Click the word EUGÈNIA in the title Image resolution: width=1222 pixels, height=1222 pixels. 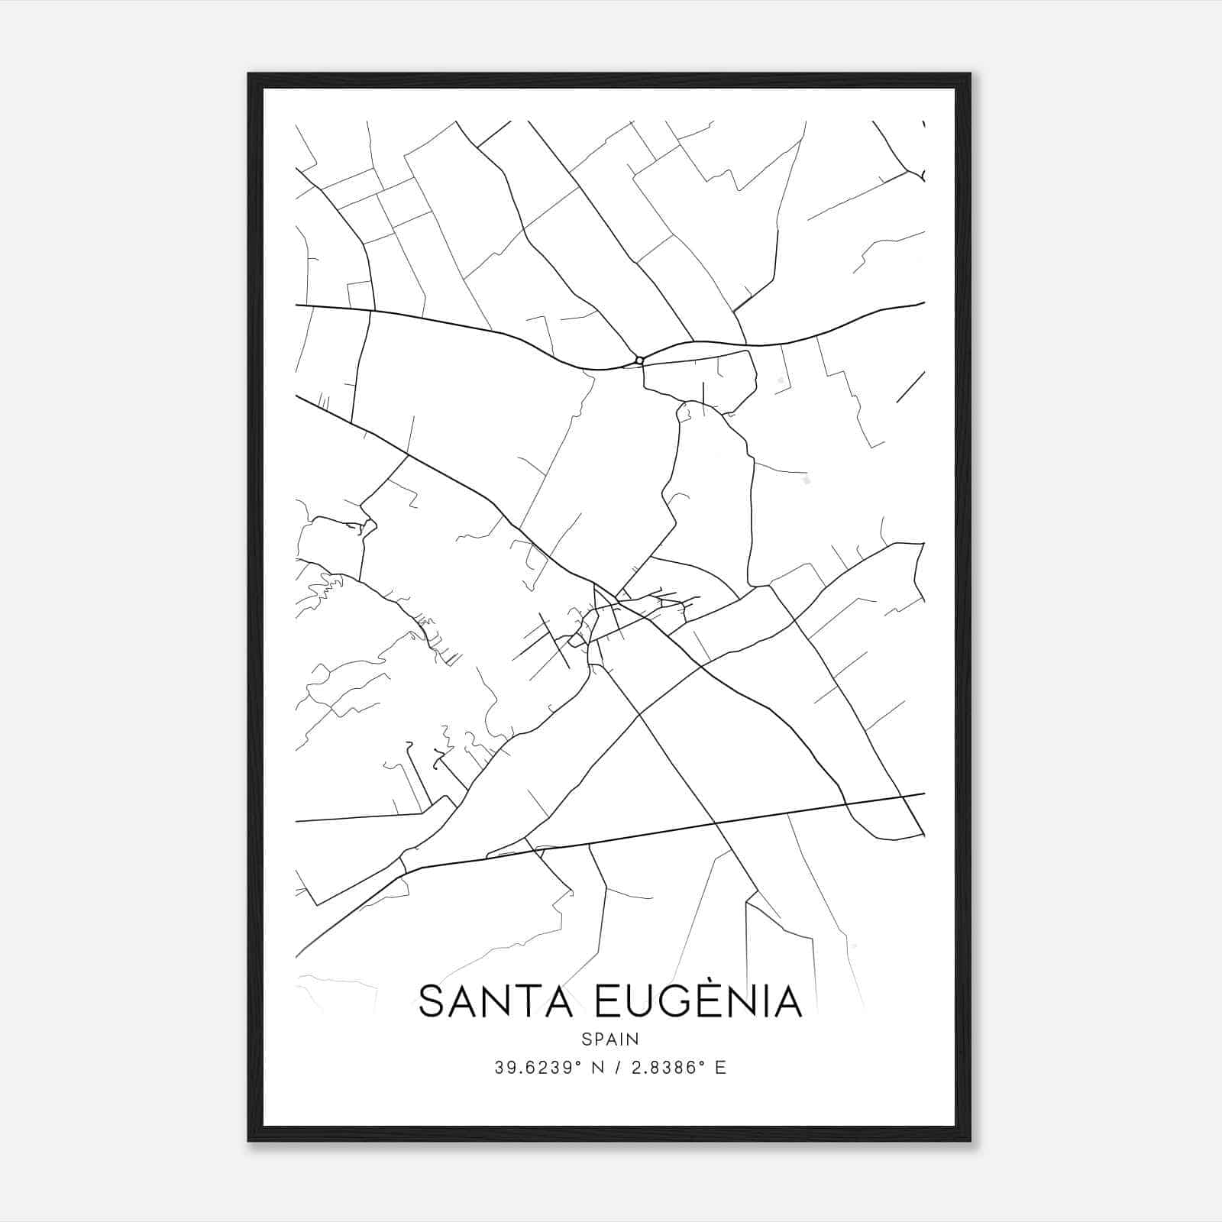pyautogui.click(x=697, y=1002)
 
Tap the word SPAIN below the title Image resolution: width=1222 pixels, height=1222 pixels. pyautogui.click(x=610, y=1039)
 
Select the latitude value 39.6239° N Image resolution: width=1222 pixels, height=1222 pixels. pyautogui.click(x=543, y=1068)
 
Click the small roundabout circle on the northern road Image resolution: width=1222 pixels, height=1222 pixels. pyautogui.click(x=639, y=360)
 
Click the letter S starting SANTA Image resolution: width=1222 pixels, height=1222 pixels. pyautogui.click(x=432, y=1002)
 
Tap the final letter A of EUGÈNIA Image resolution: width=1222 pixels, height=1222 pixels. pyautogui.click(x=787, y=1002)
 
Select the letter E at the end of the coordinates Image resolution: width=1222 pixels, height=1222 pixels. pyautogui.click(x=720, y=1068)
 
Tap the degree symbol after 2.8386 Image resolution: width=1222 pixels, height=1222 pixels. pyautogui.click(x=703, y=1063)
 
